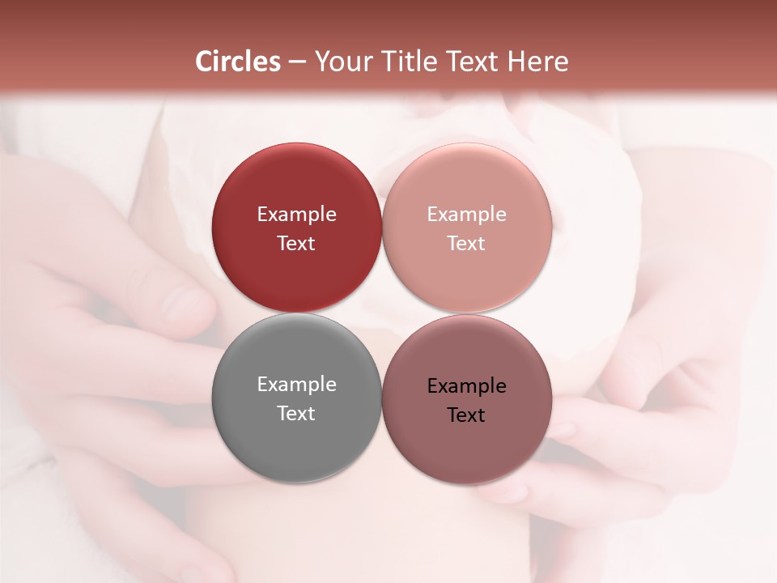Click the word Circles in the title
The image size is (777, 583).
pyautogui.click(x=238, y=62)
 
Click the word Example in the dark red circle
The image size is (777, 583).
pyautogui.click(x=296, y=215)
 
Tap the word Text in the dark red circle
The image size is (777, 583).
pyautogui.click(x=296, y=243)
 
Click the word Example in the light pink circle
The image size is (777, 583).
pyautogui.click(x=467, y=215)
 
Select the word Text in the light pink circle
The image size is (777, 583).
pyautogui.click(x=467, y=243)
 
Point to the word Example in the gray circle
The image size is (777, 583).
pyautogui.click(x=296, y=385)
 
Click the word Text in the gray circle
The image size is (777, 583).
pyautogui.click(x=296, y=413)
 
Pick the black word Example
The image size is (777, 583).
pyautogui.click(x=467, y=386)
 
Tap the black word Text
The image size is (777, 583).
pyautogui.click(x=467, y=415)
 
